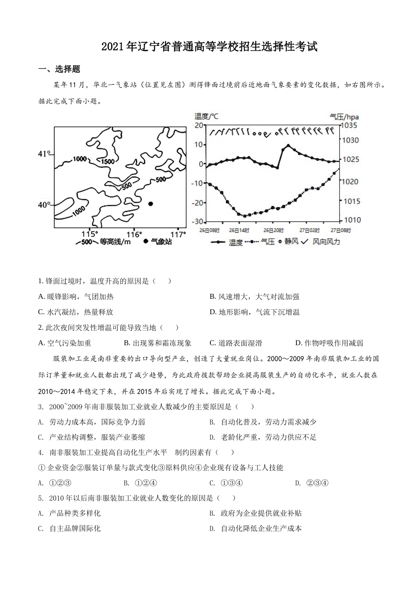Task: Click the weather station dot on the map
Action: point(150,204)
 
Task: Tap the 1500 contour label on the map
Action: point(108,161)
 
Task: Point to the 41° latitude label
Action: point(44,154)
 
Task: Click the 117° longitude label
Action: point(178,234)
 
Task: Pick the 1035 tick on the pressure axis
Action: point(350,125)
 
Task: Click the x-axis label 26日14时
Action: point(239,230)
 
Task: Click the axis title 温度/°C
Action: point(206,116)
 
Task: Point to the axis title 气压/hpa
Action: point(344,116)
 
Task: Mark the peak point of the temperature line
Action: point(288,145)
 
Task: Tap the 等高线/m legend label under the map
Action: point(115,241)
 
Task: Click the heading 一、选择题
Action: point(60,69)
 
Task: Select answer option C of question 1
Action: point(76,312)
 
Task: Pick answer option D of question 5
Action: point(256,528)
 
